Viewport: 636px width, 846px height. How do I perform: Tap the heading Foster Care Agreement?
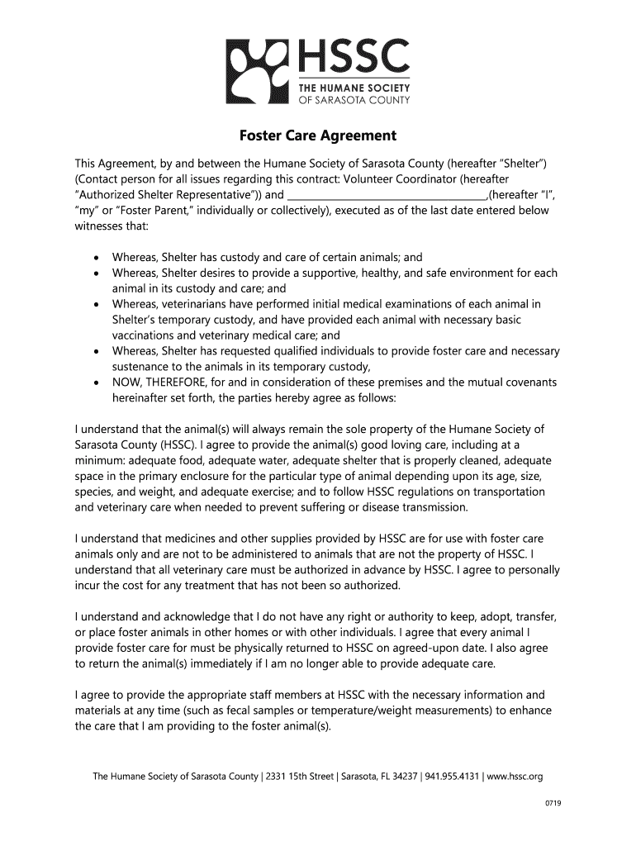(x=318, y=135)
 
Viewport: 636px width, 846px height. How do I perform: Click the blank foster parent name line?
(x=387, y=195)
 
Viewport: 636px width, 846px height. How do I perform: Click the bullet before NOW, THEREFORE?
(x=98, y=383)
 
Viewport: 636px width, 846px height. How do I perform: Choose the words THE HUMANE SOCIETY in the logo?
(x=354, y=88)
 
